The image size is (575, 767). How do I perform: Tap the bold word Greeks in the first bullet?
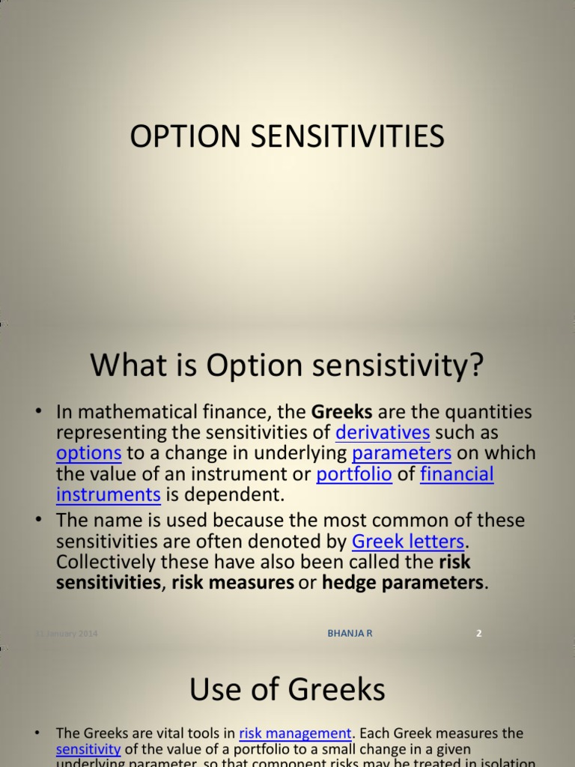pos(341,412)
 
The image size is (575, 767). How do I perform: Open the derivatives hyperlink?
pos(383,433)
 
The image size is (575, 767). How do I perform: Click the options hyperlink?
pos(88,453)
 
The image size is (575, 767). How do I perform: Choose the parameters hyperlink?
pos(401,453)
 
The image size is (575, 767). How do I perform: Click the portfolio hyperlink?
pos(354,474)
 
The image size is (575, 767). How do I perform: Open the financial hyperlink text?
pos(457,474)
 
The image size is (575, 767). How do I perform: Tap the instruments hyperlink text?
pos(109,494)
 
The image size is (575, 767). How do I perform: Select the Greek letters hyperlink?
pos(410,542)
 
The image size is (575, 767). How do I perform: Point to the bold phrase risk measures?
pos(232,583)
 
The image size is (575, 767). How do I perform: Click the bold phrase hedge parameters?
pos(403,583)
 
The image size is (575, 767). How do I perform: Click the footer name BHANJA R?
pos(350,634)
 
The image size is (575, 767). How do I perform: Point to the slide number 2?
pos(479,634)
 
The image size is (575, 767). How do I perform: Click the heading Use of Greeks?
pos(287,689)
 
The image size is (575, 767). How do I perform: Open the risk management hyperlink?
pos(295,733)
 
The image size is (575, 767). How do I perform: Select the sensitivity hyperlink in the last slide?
pos(88,749)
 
